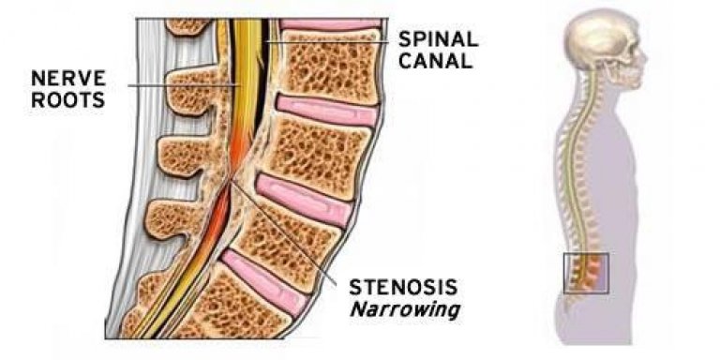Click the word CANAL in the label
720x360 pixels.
432,63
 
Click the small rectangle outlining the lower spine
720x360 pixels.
586,272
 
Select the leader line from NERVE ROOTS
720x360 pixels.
178,86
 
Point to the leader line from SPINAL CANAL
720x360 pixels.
328,40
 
